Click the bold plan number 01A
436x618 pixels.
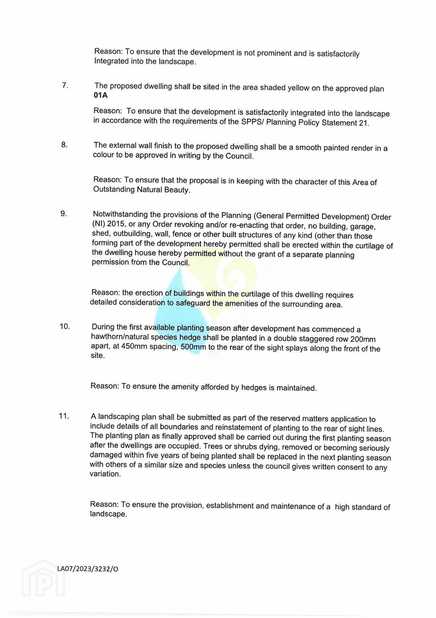pos(100,95)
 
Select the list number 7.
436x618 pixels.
pos(65,85)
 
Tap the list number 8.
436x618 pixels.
pos(64,145)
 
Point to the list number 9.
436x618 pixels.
pos(64,214)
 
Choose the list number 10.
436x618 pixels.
pos(64,326)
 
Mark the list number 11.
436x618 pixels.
pos(64,416)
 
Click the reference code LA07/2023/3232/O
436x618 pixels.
pos(88,569)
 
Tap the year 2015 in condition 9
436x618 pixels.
pos(116,224)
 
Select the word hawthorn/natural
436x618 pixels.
pos(119,337)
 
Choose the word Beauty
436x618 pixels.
pos(177,190)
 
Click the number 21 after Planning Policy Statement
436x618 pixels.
pos(363,124)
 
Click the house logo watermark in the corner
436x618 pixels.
pos(43,579)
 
